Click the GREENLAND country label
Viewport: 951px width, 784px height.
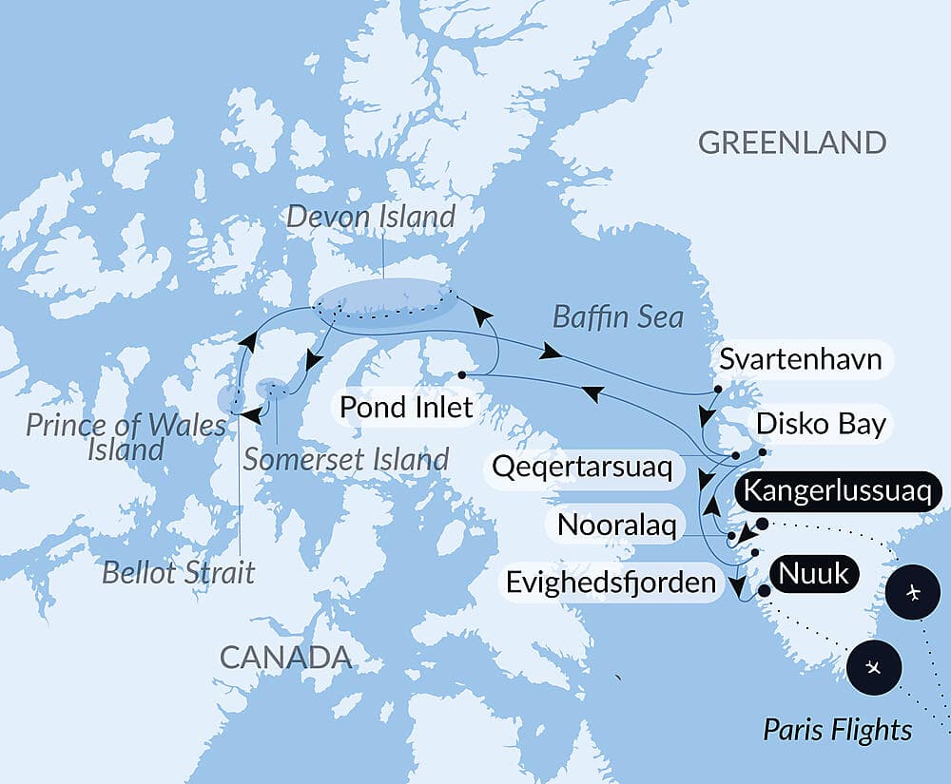click(x=792, y=143)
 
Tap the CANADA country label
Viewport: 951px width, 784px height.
click(x=285, y=657)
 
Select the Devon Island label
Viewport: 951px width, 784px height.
click(x=371, y=217)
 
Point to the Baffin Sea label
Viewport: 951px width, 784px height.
click(x=619, y=316)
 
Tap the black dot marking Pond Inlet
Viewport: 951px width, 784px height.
click(x=461, y=374)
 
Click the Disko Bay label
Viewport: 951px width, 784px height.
click(x=821, y=425)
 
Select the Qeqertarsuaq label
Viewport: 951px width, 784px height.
click(x=583, y=467)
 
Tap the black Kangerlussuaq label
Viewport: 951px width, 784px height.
click(x=842, y=491)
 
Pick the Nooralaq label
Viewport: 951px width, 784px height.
click(x=616, y=525)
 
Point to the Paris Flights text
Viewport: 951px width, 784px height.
click(x=837, y=730)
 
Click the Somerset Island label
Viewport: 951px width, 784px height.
click(x=345, y=460)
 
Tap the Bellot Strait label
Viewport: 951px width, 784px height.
click(x=180, y=573)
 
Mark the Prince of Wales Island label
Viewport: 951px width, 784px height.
click(x=126, y=436)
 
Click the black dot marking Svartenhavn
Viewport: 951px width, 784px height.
click(x=718, y=389)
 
